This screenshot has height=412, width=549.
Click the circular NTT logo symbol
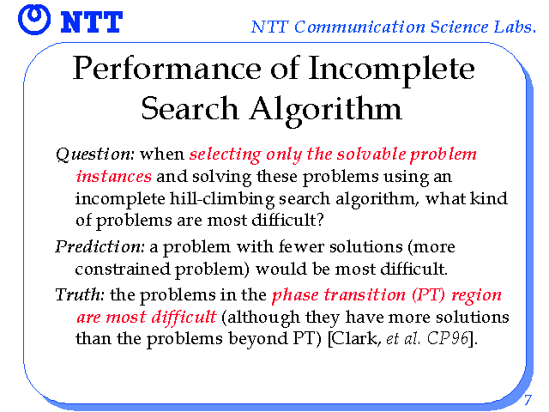[x=34, y=20]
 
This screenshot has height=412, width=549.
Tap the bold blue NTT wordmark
[x=92, y=22]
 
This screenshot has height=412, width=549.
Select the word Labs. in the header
[x=515, y=27]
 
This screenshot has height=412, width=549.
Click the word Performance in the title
[x=166, y=69]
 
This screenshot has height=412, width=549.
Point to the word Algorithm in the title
[x=326, y=109]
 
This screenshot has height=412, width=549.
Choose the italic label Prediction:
[x=100, y=247]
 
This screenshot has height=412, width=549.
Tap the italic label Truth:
[x=80, y=294]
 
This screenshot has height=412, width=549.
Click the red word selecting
[x=226, y=154]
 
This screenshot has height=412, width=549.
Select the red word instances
[x=114, y=176]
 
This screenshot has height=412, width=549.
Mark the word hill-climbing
[x=222, y=199]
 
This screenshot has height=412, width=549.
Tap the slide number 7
[x=528, y=400]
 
